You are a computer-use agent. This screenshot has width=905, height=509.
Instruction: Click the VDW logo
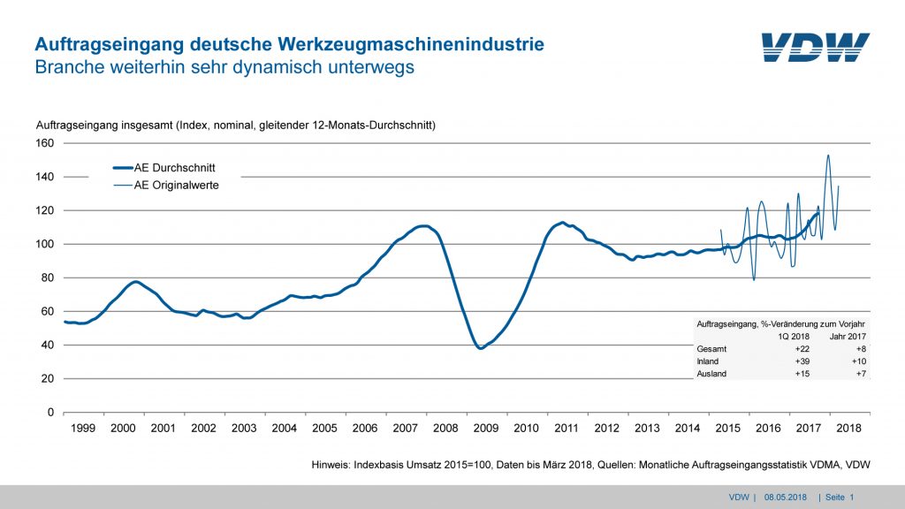point(815,48)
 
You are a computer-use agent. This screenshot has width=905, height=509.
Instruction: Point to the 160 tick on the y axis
point(45,143)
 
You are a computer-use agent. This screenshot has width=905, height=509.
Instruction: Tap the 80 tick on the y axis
point(48,277)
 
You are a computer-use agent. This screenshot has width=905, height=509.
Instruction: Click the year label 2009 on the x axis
point(485,428)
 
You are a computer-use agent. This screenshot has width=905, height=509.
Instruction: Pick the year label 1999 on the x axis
point(82,428)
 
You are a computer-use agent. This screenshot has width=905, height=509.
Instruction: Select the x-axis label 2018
point(848,428)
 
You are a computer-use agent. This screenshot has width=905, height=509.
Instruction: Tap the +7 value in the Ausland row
point(862,374)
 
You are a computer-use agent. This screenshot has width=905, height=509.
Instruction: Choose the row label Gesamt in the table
point(713,349)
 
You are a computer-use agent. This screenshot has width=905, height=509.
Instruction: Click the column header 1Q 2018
point(791,337)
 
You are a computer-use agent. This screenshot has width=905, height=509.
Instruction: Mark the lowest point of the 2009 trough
point(481,348)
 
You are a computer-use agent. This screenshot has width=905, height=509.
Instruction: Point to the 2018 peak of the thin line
point(828,156)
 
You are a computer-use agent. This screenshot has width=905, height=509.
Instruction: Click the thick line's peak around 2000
point(135,282)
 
